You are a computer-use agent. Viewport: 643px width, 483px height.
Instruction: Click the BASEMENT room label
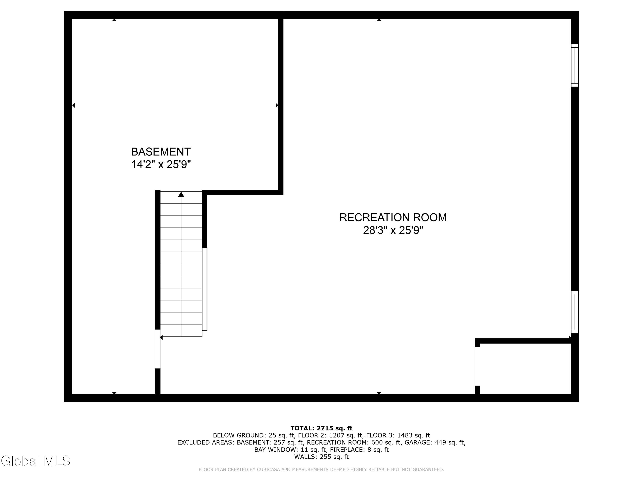pyautogui.click(x=161, y=152)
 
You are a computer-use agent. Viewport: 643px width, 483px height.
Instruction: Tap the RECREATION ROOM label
pyautogui.click(x=393, y=217)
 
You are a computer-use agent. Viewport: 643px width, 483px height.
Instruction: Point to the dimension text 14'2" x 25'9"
pyautogui.click(x=161, y=164)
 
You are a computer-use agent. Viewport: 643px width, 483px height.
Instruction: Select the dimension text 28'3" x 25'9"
pyautogui.click(x=393, y=230)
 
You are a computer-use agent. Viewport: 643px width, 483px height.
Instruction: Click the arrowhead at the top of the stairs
pyautogui.click(x=181, y=194)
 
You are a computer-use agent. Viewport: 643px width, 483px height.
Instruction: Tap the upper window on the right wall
pyautogui.click(x=575, y=65)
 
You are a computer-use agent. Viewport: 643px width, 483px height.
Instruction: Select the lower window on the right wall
pyautogui.click(x=575, y=312)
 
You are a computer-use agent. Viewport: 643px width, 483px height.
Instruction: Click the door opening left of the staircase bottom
pyautogui.click(x=158, y=349)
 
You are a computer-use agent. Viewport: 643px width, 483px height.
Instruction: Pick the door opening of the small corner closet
pyautogui.click(x=477, y=366)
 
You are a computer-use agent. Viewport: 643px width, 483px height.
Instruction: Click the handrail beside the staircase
pyautogui.click(x=205, y=289)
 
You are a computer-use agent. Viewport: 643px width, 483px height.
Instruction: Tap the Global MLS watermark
pyautogui.click(x=35, y=461)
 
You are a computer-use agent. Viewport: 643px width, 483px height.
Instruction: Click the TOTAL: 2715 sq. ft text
pyautogui.click(x=321, y=428)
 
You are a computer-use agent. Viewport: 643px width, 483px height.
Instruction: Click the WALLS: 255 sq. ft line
pyautogui.click(x=321, y=457)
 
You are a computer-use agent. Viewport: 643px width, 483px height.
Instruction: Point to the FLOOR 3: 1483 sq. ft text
pyautogui.click(x=398, y=436)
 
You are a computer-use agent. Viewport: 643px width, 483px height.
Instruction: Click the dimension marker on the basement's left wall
pyautogui.click(x=74, y=105)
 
